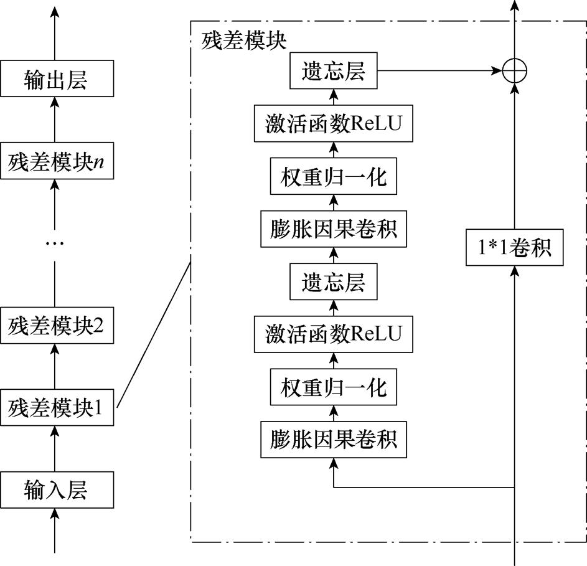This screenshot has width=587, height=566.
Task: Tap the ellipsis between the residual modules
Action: [55, 242]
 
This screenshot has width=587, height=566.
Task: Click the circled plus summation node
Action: [515, 72]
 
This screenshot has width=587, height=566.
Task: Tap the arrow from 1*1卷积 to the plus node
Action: [515, 156]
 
